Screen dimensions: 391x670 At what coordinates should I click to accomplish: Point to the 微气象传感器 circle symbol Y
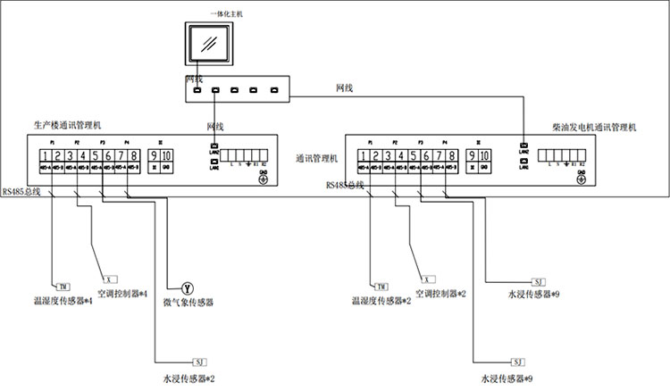(x=187, y=287)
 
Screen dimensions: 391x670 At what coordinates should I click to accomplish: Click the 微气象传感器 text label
(x=187, y=303)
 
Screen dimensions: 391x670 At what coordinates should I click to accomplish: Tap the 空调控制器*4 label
(x=121, y=293)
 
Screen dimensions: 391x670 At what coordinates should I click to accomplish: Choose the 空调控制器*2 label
(x=441, y=293)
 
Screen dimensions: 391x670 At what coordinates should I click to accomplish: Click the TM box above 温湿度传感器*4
(x=63, y=286)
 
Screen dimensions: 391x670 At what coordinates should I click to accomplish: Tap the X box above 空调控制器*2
(x=429, y=279)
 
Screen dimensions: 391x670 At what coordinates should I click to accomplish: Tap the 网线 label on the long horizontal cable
(x=344, y=87)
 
